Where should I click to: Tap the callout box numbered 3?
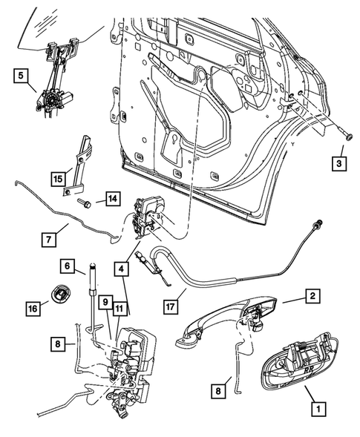(338, 162)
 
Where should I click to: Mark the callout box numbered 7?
(48, 239)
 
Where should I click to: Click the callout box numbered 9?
(105, 302)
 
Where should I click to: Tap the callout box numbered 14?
(111, 198)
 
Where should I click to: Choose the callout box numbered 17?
(171, 304)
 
